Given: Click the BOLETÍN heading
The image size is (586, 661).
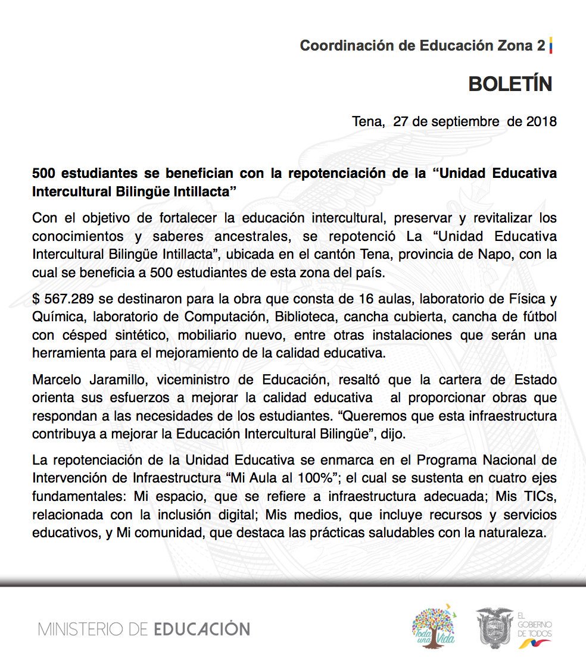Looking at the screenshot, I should coord(510,84).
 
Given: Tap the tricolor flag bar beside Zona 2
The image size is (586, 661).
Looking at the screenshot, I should coord(551,45).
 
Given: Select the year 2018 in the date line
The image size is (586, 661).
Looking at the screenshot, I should coord(541,122).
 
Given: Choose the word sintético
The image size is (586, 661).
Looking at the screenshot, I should coord(121,336).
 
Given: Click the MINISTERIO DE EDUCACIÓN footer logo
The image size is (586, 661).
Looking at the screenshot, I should coord(144,628).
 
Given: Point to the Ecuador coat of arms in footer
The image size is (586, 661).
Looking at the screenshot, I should coord(494,628).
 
